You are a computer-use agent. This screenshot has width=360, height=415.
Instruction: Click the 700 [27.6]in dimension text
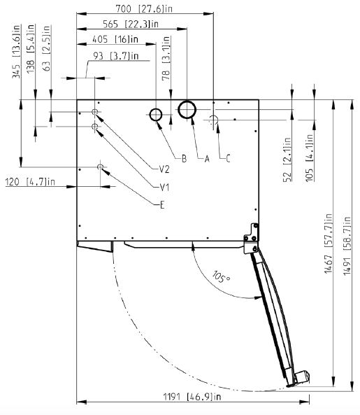point(144,8)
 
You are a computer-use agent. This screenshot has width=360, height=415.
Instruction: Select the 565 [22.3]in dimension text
point(131,24)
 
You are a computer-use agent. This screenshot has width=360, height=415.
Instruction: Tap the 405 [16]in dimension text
point(115,39)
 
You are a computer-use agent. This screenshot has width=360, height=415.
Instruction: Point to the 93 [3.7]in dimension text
point(116,56)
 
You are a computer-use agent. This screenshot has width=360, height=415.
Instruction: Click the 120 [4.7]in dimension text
point(30,182)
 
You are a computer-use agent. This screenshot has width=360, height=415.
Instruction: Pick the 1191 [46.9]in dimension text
point(192,397)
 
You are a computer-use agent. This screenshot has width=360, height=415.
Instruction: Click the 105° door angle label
point(221,277)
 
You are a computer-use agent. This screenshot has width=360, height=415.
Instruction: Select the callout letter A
point(207,159)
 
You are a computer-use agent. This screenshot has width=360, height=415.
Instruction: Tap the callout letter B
point(185,159)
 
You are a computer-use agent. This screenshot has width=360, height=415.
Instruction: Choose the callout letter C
point(228,159)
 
